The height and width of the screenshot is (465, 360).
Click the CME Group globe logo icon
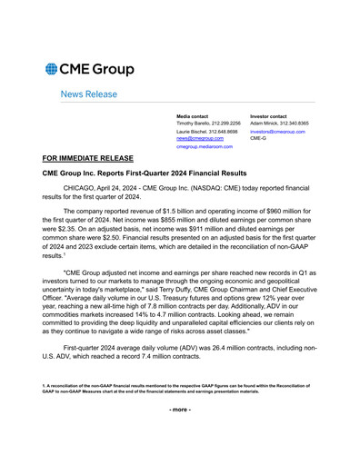52,69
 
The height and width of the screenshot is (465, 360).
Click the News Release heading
88,94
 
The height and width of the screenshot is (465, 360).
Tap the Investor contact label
268,116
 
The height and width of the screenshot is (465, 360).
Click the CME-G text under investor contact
257,139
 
